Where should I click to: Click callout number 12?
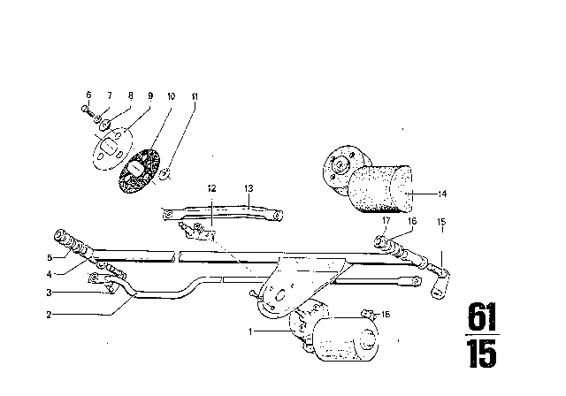(x=211, y=188)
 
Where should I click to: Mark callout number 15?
(x=442, y=221)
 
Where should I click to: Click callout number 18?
(x=386, y=314)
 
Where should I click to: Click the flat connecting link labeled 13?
(x=221, y=212)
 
